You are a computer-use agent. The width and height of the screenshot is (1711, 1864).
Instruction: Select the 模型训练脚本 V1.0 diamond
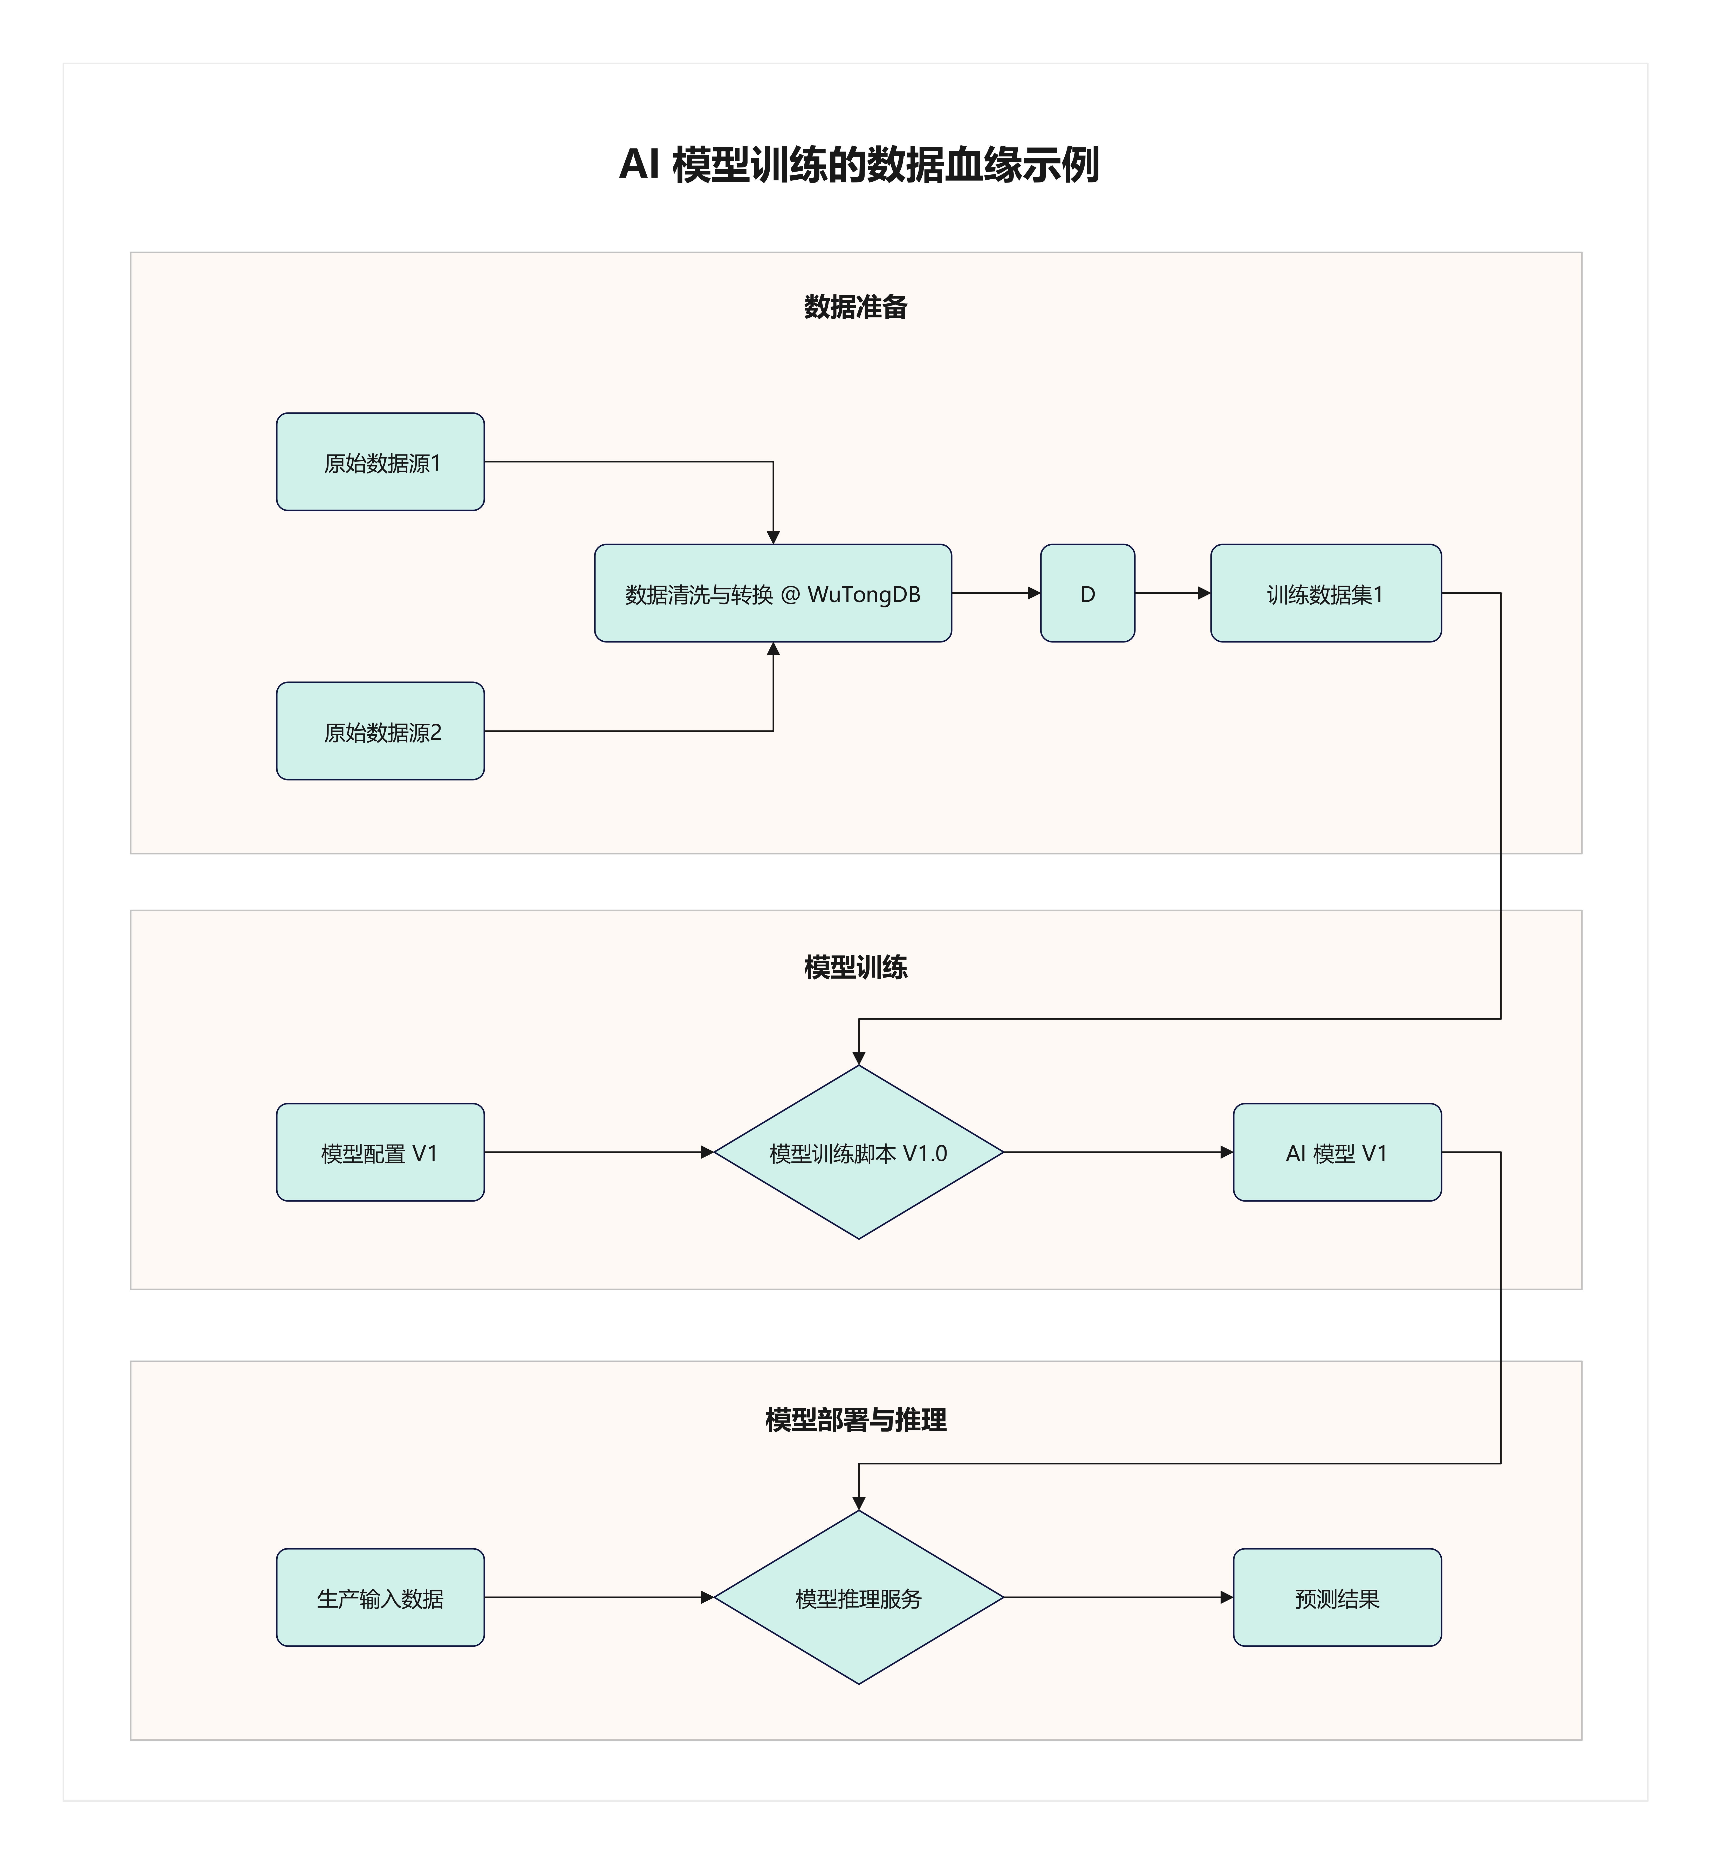[x=858, y=1153]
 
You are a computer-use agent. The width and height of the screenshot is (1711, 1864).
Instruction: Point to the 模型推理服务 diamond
[x=858, y=1598]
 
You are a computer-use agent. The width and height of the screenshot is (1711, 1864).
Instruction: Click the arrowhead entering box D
[x=1034, y=594]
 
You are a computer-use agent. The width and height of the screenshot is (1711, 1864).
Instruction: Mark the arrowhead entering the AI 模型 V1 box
[x=1227, y=1153]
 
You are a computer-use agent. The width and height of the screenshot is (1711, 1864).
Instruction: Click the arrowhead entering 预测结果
[x=1227, y=1598]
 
